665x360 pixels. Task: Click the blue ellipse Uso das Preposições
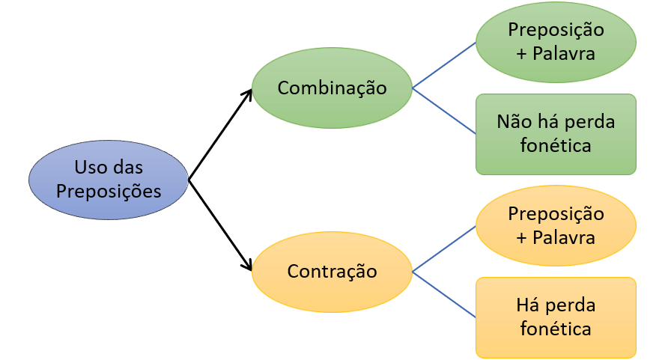click(109, 180)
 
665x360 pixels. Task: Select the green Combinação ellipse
click(332, 88)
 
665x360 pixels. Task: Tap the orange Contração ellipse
click(332, 270)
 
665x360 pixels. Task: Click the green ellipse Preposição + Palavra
click(556, 42)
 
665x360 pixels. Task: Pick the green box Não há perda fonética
click(556, 134)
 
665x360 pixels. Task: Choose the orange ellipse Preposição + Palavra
click(556, 225)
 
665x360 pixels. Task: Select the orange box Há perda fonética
click(556, 317)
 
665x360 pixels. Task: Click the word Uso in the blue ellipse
click(88, 168)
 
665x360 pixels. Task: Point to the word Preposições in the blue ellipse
click(109, 191)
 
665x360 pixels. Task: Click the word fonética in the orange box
click(556, 329)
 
